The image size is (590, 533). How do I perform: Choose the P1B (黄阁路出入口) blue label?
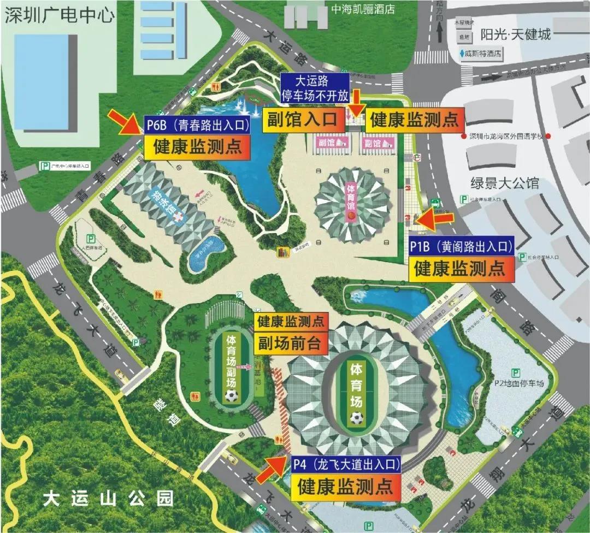(462, 247)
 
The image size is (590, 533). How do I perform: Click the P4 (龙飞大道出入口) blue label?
(345, 465)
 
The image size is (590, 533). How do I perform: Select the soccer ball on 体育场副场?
(232, 394)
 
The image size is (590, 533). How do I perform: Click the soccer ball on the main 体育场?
(357, 419)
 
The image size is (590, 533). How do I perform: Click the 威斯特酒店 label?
(481, 54)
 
